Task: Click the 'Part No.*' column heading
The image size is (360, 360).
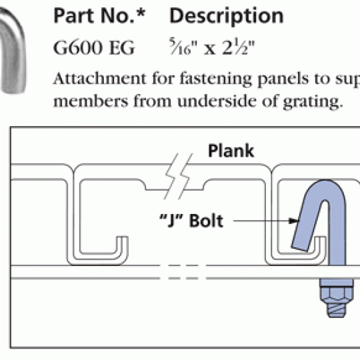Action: (x=99, y=15)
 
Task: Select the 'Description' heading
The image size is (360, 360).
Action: (x=227, y=17)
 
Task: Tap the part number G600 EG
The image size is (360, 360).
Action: (x=94, y=47)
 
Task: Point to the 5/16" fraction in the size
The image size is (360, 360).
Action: (x=183, y=47)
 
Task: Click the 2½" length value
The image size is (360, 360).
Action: (x=239, y=47)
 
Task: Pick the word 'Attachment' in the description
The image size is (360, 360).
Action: (x=99, y=78)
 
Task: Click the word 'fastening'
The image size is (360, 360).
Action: (x=216, y=79)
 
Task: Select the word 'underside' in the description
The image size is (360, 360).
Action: (x=217, y=101)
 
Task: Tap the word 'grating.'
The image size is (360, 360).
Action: (x=313, y=102)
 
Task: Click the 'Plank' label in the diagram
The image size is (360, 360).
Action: (x=231, y=151)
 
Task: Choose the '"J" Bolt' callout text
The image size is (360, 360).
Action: (x=191, y=221)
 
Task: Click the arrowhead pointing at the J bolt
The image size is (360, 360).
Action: (x=294, y=221)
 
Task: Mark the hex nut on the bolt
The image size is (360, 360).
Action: (x=337, y=295)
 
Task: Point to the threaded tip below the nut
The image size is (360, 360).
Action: (x=337, y=311)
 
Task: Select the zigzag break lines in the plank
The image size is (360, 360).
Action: (x=178, y=176)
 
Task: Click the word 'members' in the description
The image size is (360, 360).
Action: (x=91, y=101)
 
